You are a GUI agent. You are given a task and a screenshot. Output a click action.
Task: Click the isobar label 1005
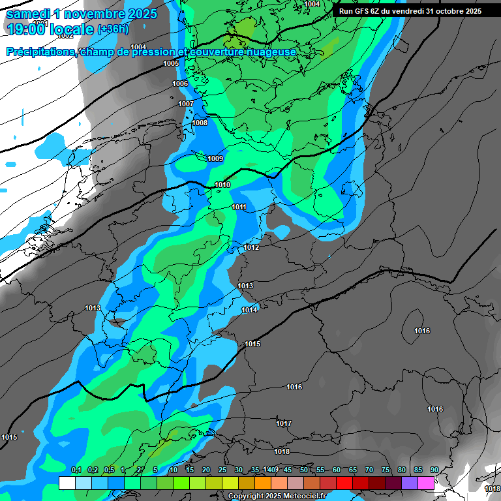(171, 63)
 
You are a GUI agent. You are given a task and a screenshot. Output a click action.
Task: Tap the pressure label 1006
(180, 83)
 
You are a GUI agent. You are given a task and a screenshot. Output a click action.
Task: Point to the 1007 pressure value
(186, 104)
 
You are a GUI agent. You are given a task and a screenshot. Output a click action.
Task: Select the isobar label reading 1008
(200, 123)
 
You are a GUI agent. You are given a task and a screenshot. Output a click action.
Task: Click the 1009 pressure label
(215, 159)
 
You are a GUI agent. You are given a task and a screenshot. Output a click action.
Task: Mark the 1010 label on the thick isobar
(222, 185)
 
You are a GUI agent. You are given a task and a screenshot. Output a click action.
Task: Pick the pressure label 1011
(239, 207)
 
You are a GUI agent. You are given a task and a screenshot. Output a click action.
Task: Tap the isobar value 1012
(251, 247)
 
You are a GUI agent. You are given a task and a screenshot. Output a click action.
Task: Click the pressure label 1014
(249, 309)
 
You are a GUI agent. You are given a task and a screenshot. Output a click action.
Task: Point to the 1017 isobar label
(283, 423)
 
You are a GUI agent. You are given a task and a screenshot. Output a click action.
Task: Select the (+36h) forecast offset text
(113, 29)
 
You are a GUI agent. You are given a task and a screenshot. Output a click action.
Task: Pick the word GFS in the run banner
(361, 11)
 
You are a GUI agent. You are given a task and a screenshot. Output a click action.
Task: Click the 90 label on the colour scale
(434, 470)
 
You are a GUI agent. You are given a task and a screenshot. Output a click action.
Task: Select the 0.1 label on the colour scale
(76, 470)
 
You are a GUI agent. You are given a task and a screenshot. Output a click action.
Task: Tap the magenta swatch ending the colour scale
(426, 483)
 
